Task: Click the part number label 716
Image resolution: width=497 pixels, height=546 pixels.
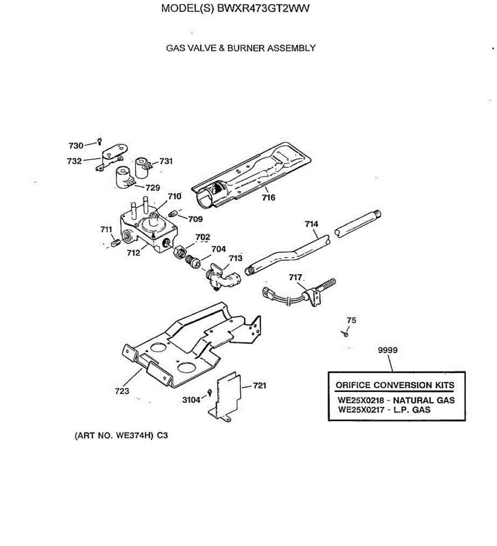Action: click(x=268, y=197)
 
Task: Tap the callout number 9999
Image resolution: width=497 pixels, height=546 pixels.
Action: click(x=388, y=350)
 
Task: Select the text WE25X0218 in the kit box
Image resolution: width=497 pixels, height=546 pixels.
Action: click(x=361, y=400)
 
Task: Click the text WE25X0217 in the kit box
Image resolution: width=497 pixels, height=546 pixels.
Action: click(x=361, y=410)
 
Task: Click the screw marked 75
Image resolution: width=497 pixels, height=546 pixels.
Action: click(x=346, y=334)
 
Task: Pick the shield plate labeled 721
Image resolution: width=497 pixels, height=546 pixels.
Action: click(x=228, y=395)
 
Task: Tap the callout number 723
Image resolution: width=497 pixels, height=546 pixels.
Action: click(x=122, y=391)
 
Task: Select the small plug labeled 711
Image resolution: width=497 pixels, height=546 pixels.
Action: click(x=114, y=243)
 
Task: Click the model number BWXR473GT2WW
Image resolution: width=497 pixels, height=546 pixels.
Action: click(x=263, y=9)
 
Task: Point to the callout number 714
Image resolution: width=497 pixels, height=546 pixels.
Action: click(x=311, y=224)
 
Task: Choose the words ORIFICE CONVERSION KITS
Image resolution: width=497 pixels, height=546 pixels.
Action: click(x=395, y=385)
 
